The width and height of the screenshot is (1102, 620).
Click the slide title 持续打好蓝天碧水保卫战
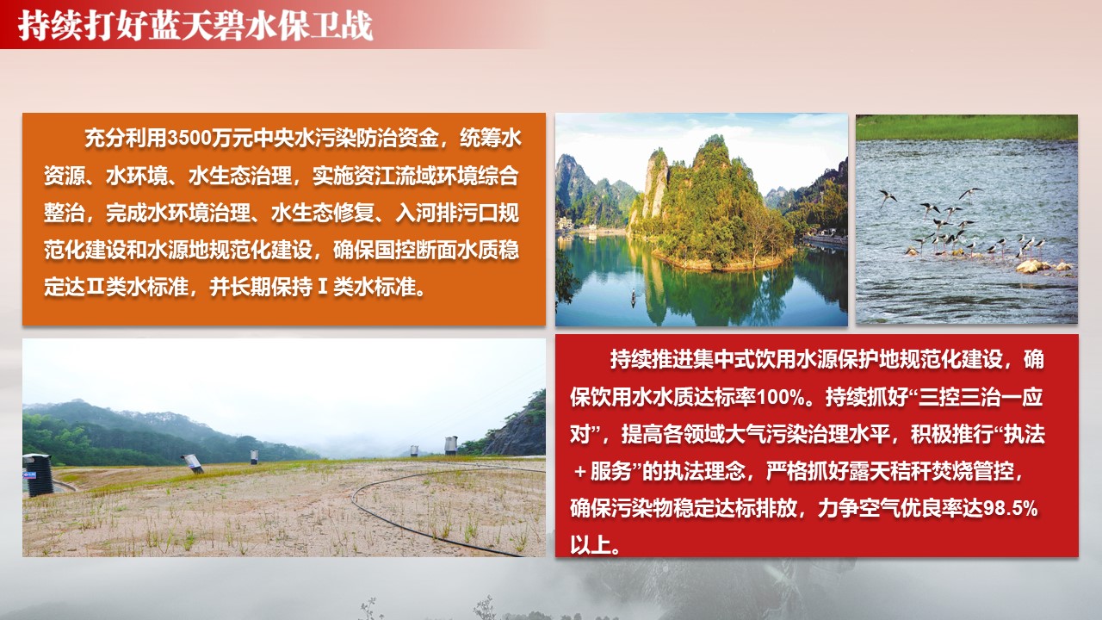pos(195,26)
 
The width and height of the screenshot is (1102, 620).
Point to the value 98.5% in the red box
pos(1010,508)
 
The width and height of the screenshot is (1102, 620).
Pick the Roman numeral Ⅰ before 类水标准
pos(323,287)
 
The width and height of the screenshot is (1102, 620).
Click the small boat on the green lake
pos(634,298)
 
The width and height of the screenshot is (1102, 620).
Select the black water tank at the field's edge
pos(38,474)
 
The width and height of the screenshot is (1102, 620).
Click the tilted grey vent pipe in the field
pos(192,463)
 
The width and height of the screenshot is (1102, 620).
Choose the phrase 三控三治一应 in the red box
pos(980,398)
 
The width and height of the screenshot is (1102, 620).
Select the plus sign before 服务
pos(580,472)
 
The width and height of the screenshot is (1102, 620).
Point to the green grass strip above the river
pos(966,128)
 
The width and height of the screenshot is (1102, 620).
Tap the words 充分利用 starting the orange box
pos(126,139)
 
